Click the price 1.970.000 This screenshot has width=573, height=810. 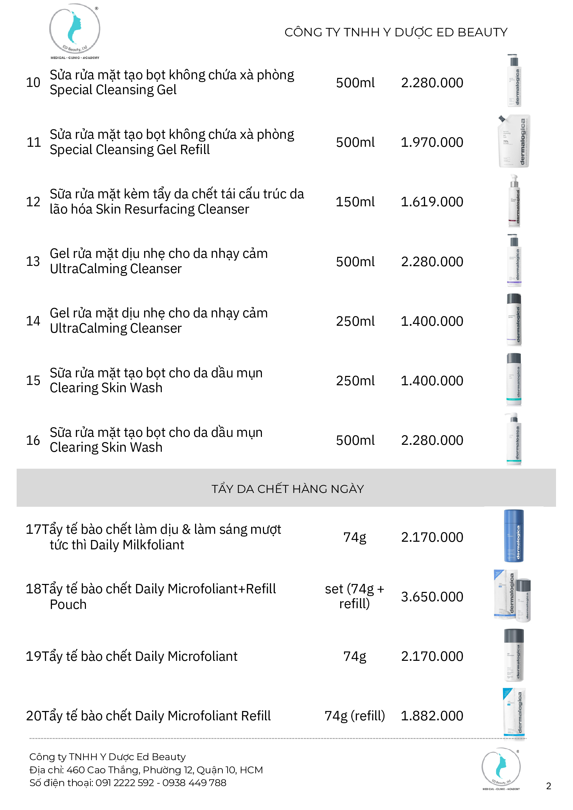point(431,142)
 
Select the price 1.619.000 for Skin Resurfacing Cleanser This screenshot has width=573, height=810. point(431,202)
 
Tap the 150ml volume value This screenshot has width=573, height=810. point(355,202)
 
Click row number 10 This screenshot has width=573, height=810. point(33,82)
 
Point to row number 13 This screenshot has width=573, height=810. point(33,261)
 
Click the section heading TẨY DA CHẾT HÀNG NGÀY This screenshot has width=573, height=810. point(288,489)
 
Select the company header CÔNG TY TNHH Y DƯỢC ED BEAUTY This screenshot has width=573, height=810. point(395,32)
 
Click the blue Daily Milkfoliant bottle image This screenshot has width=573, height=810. point(514,535)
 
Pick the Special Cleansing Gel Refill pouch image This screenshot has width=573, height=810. point(514,141)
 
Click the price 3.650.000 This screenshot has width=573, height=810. point(431,596)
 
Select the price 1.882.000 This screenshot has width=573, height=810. point(431,716)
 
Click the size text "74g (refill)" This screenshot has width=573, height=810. point(354,716)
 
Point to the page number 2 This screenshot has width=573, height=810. point(548,786)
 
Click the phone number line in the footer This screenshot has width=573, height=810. point(127,783)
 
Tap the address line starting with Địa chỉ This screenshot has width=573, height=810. point(146,770)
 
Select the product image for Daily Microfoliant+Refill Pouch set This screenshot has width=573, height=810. point(512,595)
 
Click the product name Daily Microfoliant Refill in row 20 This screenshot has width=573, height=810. point(203,716)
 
